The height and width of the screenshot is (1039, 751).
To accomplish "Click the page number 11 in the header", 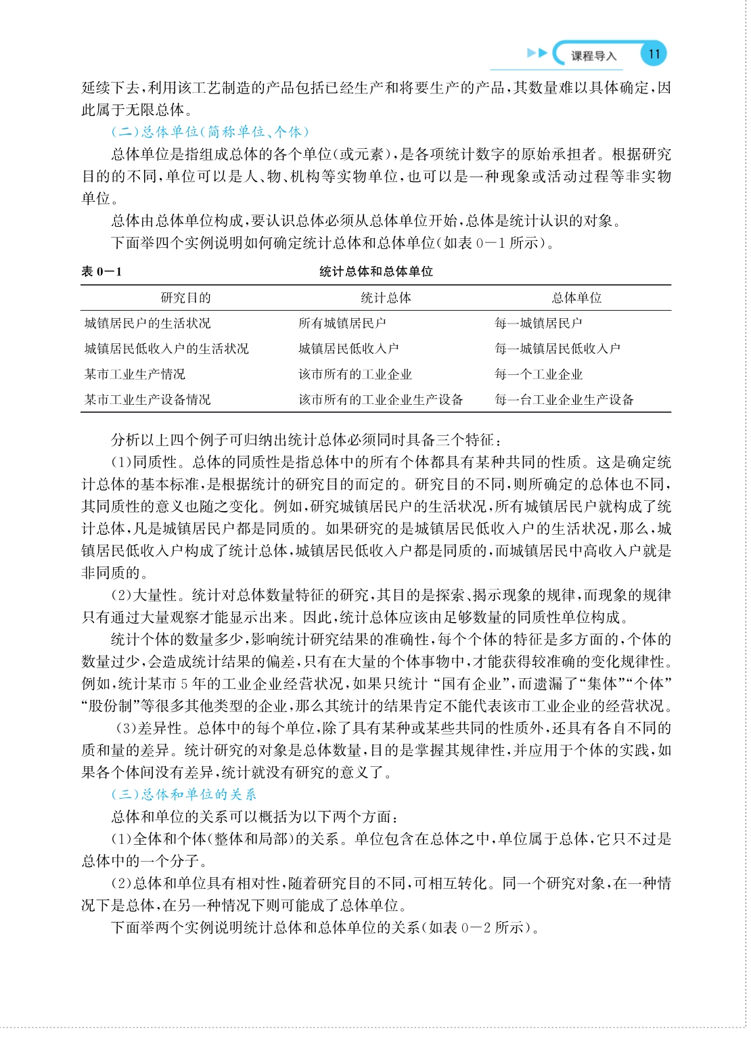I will pyautogui.click(x=653, y=54).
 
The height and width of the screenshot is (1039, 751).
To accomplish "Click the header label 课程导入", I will pyautogui.click(x=593, y=56).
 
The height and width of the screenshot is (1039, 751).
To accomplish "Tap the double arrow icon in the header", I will pyautogui.click(x=537, y=53).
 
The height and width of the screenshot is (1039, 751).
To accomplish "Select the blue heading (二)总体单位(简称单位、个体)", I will pyautogui.click(x=210, y=131).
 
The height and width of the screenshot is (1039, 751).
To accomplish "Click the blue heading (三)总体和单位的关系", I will pyautogui.click(x=184, y=794).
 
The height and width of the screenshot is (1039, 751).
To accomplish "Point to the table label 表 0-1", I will pyautogui.click(x=101, y=271).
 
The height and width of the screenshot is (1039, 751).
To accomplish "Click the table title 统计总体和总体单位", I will pyautogui.click(x=375, y=271).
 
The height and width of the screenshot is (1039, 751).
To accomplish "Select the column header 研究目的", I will pyautogui.click(x=185, y=298).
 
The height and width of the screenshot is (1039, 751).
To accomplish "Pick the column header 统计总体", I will pyautogui.click(x=386, y=298).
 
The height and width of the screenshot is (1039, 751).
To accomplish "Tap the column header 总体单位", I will pyautogui.click(x=576, y=298).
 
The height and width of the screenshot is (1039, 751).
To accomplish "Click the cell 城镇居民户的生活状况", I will pyautogui.click(x=147, y=324).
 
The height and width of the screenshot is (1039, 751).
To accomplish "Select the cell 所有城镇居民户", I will pyautogui.click(x=342, y=324).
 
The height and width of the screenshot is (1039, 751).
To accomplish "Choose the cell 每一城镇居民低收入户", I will pyautogui.click(x=557, y=349).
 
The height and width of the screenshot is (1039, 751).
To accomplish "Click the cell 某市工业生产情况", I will pyautogui.click(x=135, y=374).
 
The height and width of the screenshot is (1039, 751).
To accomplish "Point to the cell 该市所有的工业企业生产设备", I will pyautogui.click(x=381, y=400).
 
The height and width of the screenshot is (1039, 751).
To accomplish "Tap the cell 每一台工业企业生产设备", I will pyautogui.click(x=564, y=400).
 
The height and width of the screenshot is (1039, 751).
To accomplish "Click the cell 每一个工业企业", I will pyautogui.click(x=539, y=374).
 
